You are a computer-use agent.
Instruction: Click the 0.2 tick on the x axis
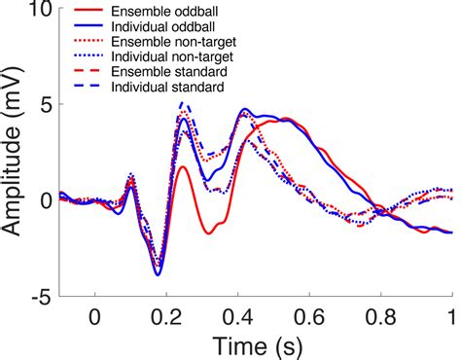165,317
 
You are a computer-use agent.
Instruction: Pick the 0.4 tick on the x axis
237,317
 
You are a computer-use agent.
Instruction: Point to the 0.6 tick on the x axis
309,317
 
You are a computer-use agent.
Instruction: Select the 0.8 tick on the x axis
380,317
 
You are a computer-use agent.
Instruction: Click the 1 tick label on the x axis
451,317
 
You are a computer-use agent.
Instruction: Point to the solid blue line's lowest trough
158,274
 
